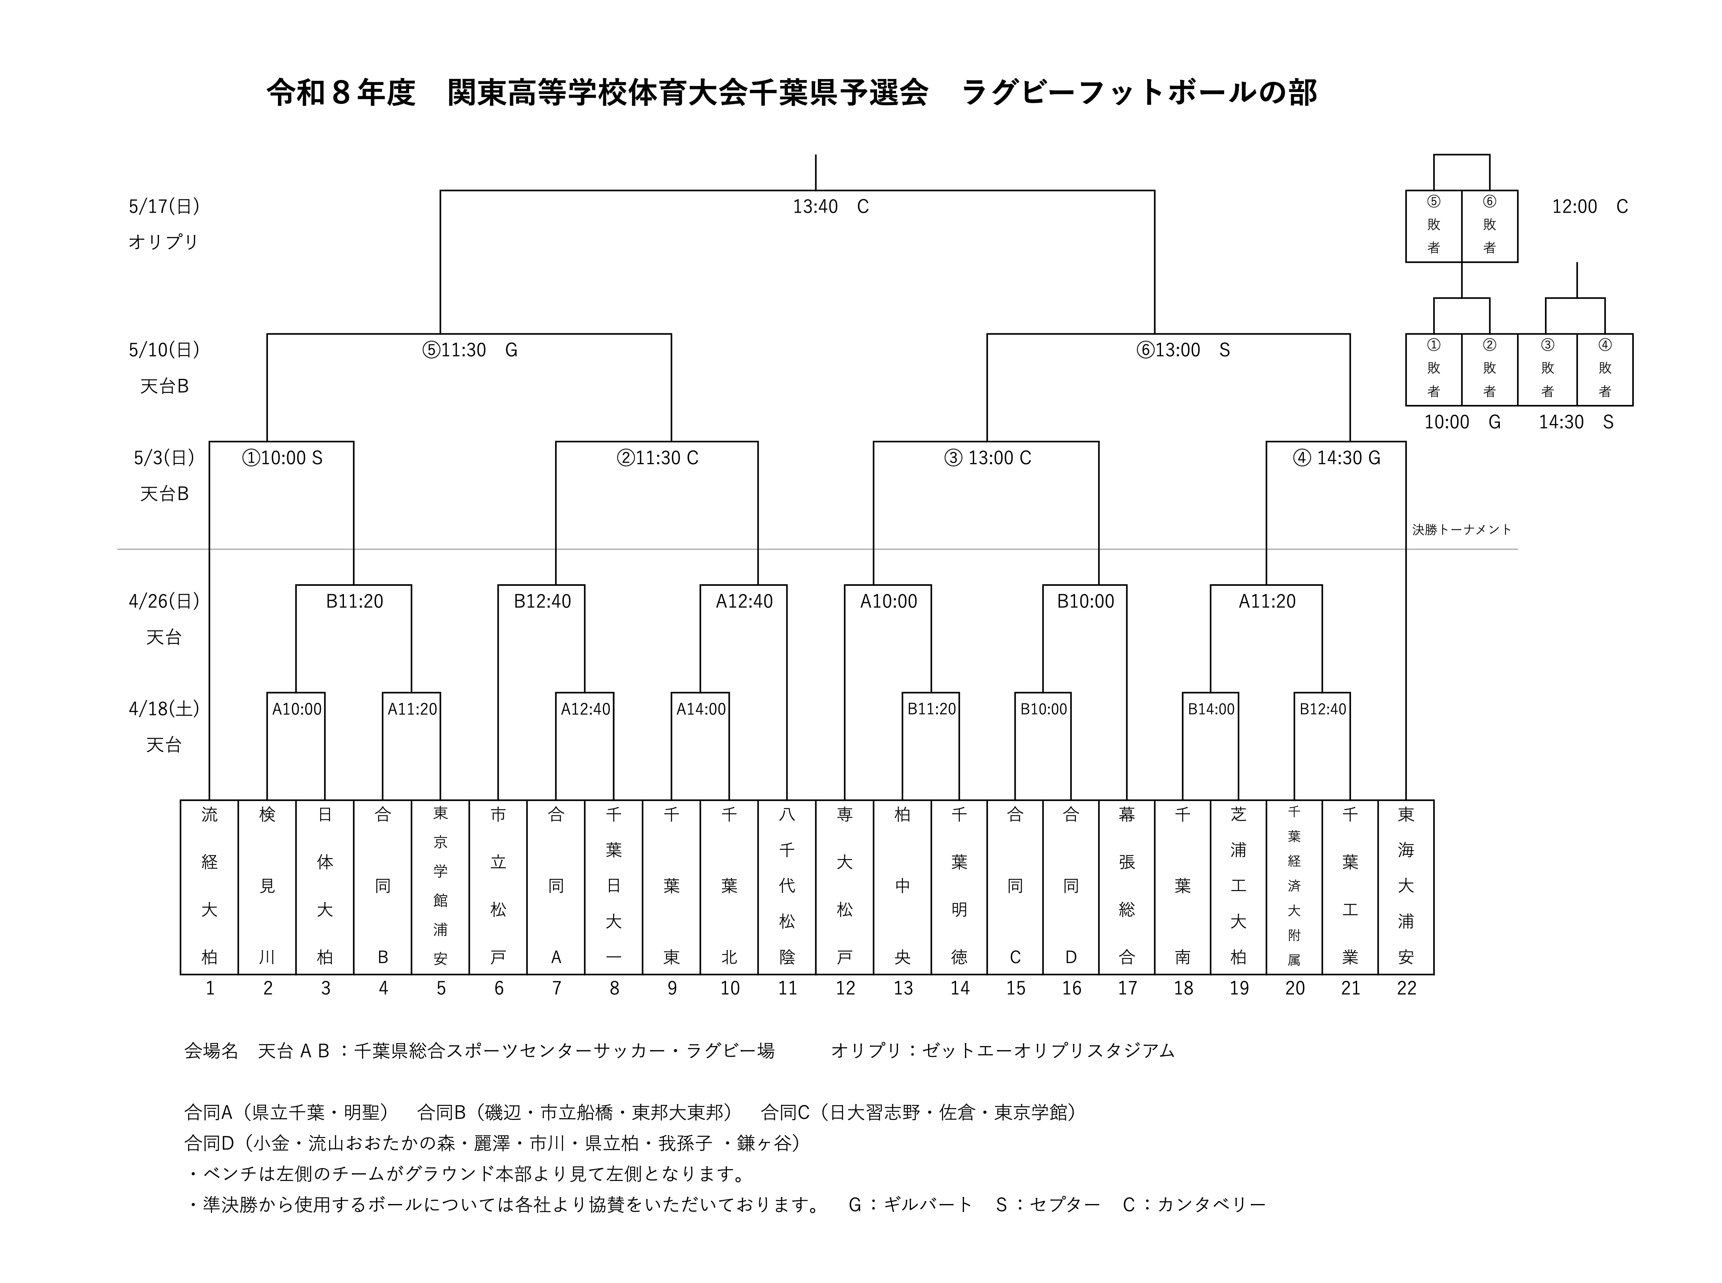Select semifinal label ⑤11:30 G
[x=469, y=350]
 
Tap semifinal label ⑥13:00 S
[x=1182, y=350]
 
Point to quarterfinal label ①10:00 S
[x=282, y=458]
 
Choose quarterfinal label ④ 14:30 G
[x=1336, y=458]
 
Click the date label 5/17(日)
[x=164, y=207]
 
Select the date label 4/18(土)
[x=164, y=709]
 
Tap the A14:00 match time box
[x=700, y=709]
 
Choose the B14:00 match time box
[x=1211, y=709]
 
